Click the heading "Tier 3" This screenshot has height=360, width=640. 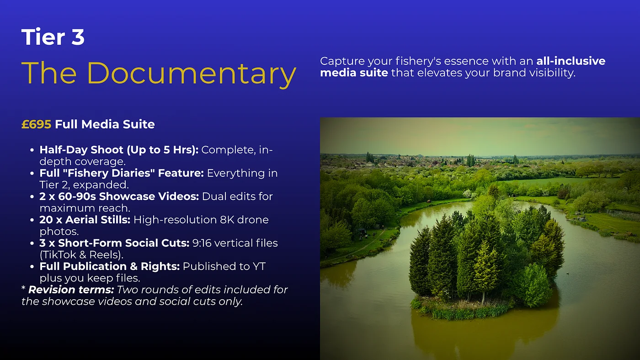53,37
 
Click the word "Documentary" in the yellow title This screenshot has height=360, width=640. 192,74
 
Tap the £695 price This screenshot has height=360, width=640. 36,124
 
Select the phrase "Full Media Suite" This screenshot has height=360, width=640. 105,124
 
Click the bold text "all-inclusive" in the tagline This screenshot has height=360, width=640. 571,61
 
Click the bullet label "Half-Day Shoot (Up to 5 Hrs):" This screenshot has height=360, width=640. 119,150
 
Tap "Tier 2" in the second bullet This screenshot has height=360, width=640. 54,185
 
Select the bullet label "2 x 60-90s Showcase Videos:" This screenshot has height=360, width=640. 119,196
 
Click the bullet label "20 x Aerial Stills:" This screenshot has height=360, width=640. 85,220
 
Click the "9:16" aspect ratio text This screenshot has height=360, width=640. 202,243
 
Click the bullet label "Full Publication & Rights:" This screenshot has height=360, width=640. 109,266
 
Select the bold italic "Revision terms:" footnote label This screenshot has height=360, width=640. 71,290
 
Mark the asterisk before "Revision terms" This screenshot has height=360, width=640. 23,288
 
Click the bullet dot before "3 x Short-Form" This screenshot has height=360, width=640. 32,244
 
